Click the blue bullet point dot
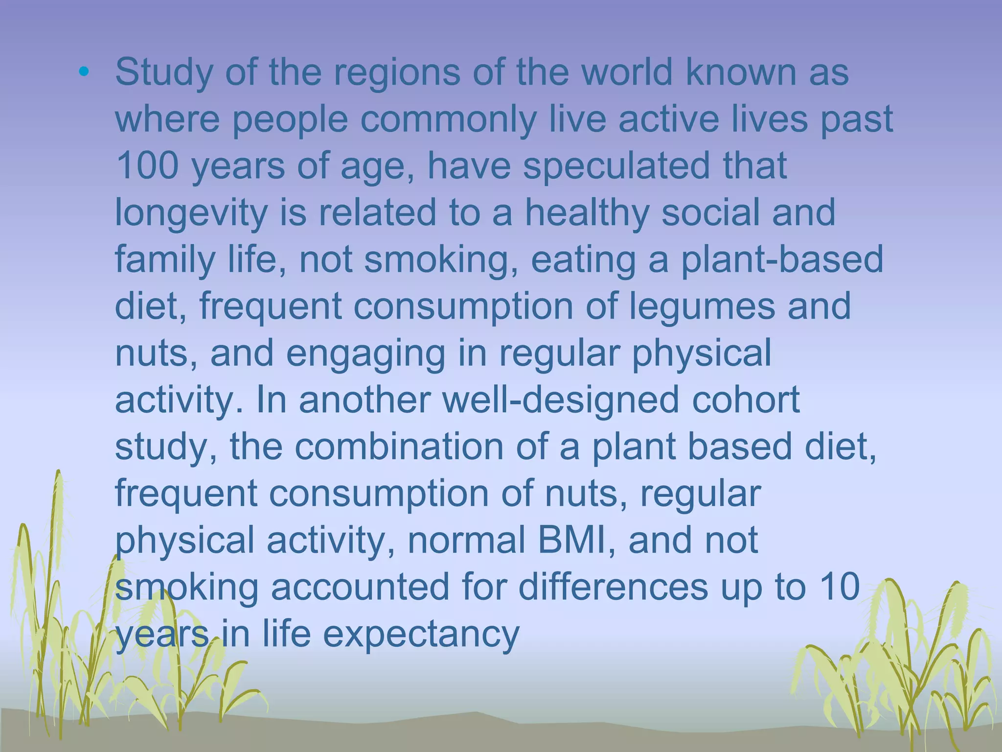(84, 72)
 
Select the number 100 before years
(147, 165)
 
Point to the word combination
(399, 446)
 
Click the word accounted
(360, 587)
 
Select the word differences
(613, 587)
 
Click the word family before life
(164, 260)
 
